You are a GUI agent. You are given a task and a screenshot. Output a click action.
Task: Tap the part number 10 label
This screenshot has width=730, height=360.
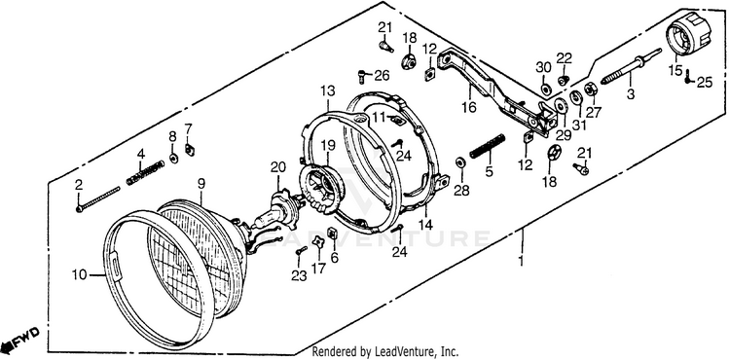coord(79,275)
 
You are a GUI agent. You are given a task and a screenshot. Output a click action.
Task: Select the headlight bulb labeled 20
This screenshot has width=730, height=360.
coord(276,212)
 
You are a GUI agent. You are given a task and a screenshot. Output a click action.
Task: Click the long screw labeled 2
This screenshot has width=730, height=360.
coord(97,199)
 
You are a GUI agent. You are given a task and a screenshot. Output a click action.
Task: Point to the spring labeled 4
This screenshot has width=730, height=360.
coord(145,172)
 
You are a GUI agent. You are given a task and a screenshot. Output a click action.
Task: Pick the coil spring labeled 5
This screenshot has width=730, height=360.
coord(488,146)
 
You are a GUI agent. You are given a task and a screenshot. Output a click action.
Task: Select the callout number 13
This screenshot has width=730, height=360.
coord(327,90)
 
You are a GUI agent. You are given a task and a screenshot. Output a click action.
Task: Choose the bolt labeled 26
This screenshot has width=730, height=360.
coord(362,76)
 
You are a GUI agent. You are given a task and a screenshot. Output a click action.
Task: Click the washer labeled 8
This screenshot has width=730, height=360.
coord(173,159)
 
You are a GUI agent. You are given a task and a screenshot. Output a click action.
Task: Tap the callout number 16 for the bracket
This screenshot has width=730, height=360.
coord(469,108)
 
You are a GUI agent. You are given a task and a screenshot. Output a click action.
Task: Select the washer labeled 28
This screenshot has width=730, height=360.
coord(461,162)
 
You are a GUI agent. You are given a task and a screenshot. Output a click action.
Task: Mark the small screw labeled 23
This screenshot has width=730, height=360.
coord(301,251)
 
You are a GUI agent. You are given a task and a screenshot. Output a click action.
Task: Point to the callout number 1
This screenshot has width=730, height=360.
coord(521,261)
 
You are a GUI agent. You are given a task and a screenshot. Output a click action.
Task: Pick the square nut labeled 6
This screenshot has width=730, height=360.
coord(333,233)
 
